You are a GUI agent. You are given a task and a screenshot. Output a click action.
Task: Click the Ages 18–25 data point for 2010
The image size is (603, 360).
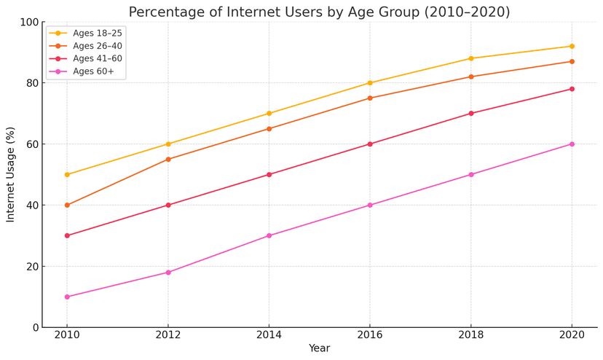point(67,174)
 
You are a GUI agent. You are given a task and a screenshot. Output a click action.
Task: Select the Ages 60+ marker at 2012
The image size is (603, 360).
point(168,273)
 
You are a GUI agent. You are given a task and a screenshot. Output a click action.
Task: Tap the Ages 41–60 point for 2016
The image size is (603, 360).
point(370,144)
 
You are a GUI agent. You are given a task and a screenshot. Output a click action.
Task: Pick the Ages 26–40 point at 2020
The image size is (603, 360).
point(572,62)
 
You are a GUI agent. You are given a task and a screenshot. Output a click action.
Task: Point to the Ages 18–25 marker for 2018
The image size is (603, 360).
point(471,58)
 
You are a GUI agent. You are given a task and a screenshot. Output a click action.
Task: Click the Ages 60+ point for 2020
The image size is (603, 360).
point(572,144)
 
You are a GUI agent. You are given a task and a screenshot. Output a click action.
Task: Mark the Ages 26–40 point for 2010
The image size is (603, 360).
point(67,206)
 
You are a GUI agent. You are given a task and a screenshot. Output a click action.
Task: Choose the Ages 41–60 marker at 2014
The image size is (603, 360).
point(269,174)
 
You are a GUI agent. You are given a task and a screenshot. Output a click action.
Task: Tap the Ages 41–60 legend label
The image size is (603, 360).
point(98,58)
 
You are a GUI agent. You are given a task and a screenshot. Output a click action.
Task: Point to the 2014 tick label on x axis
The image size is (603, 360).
point(269,334)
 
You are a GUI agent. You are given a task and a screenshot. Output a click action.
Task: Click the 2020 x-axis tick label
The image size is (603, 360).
point(572,334)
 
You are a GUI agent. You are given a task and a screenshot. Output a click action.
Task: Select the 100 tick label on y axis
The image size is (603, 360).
point(30,23)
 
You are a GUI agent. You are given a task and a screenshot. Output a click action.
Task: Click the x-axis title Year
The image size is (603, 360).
point(319,348)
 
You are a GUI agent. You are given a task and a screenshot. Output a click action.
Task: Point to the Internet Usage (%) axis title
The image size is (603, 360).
point(10,174)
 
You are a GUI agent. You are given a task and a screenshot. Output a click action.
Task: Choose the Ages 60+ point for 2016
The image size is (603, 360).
point(370,206)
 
